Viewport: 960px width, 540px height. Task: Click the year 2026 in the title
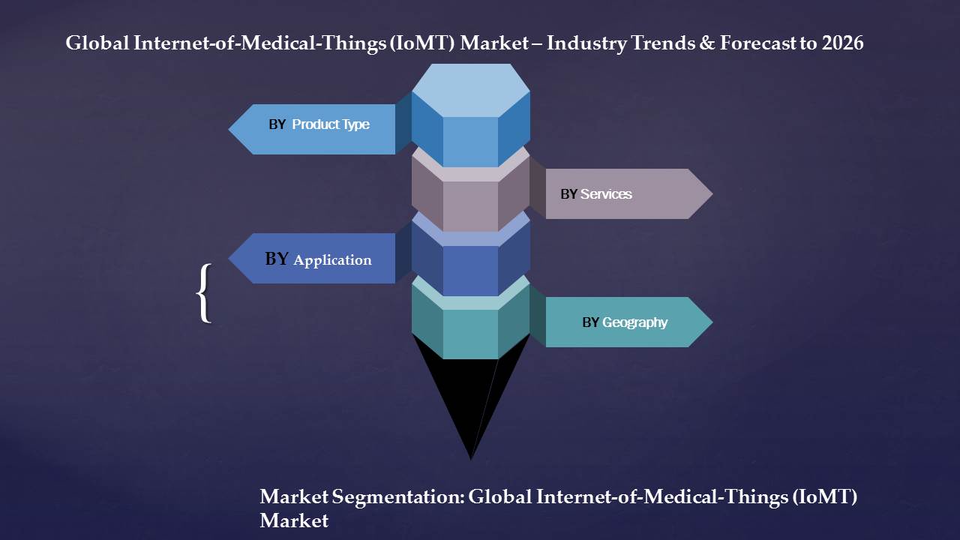(842, 43)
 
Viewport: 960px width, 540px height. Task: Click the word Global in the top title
(97, 43)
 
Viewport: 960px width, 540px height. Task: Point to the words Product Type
(331, 124)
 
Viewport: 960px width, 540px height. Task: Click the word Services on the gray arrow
(606, 194)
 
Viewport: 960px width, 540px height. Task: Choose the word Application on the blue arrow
(332, 260)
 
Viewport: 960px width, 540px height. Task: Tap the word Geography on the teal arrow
(635, 322)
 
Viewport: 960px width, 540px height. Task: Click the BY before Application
(277, 259)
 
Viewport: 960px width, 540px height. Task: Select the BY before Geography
(590, 322)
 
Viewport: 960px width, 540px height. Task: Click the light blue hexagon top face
(470, 90)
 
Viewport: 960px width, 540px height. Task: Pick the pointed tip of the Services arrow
(712, 193)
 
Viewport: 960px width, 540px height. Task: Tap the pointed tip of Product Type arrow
(229, 129)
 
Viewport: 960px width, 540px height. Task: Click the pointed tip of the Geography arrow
(712, 322)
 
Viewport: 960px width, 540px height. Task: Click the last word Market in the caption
(294, 520)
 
